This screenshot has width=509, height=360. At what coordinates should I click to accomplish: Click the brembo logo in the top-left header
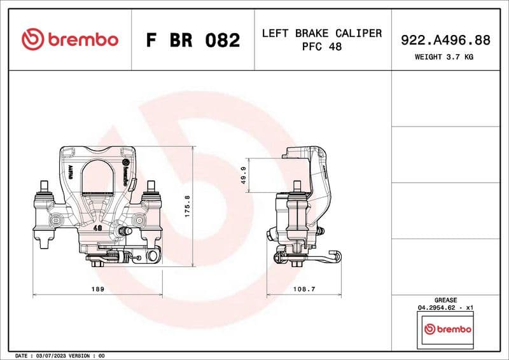70,39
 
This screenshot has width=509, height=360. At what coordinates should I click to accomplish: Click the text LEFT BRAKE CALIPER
322,33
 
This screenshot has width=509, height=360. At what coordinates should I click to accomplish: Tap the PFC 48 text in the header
322,48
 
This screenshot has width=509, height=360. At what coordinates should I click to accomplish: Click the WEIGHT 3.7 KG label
444,57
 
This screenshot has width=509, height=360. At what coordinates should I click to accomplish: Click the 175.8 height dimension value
187,206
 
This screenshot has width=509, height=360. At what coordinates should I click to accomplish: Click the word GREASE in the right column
445,300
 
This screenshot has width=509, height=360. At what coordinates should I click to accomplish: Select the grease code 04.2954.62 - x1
445,307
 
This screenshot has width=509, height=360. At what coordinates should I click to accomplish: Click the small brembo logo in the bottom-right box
448,329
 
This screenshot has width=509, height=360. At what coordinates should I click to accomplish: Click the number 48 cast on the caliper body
97,227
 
